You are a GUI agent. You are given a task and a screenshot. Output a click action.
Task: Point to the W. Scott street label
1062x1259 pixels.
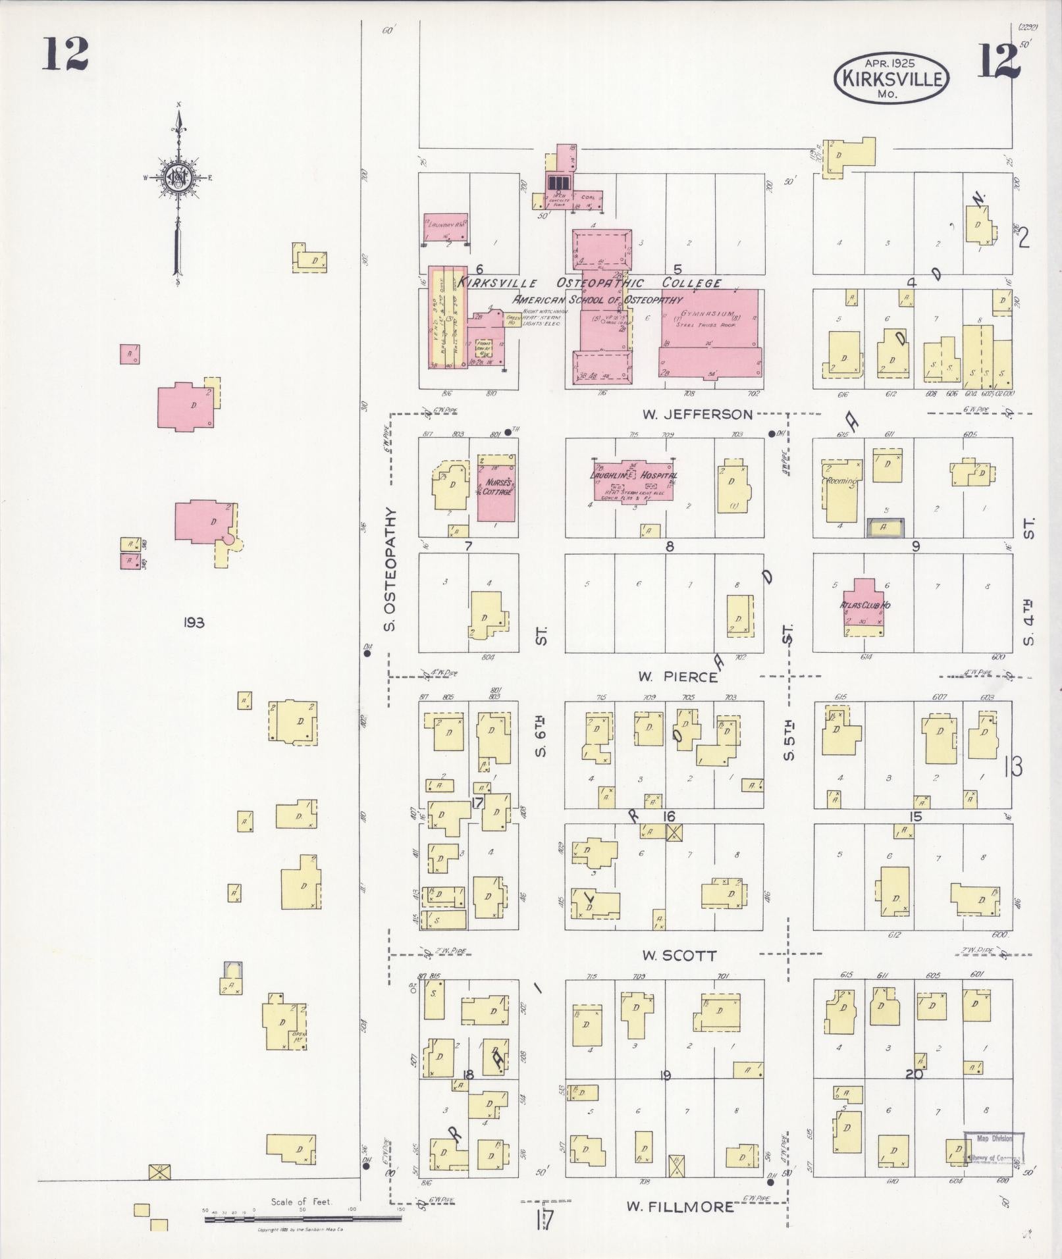tap(679, 955)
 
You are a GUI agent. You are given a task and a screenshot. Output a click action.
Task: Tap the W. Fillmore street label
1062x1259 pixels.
tap(679, 1206)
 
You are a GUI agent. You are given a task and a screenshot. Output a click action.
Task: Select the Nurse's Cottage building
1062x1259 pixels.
tap(496, 488)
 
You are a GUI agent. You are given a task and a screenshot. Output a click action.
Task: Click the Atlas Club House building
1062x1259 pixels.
tap(864, 605)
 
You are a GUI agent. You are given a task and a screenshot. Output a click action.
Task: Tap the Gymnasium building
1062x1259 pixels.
tap(708, 335)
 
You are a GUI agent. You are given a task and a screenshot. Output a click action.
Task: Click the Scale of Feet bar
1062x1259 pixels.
tap(303, 1219)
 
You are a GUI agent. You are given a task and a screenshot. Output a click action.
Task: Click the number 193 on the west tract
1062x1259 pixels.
tap(195, 622)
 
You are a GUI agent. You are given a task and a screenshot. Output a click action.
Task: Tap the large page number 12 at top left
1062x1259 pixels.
tap(65, 54)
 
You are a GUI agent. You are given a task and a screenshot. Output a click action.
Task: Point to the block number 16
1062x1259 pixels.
tap(669, 816)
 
